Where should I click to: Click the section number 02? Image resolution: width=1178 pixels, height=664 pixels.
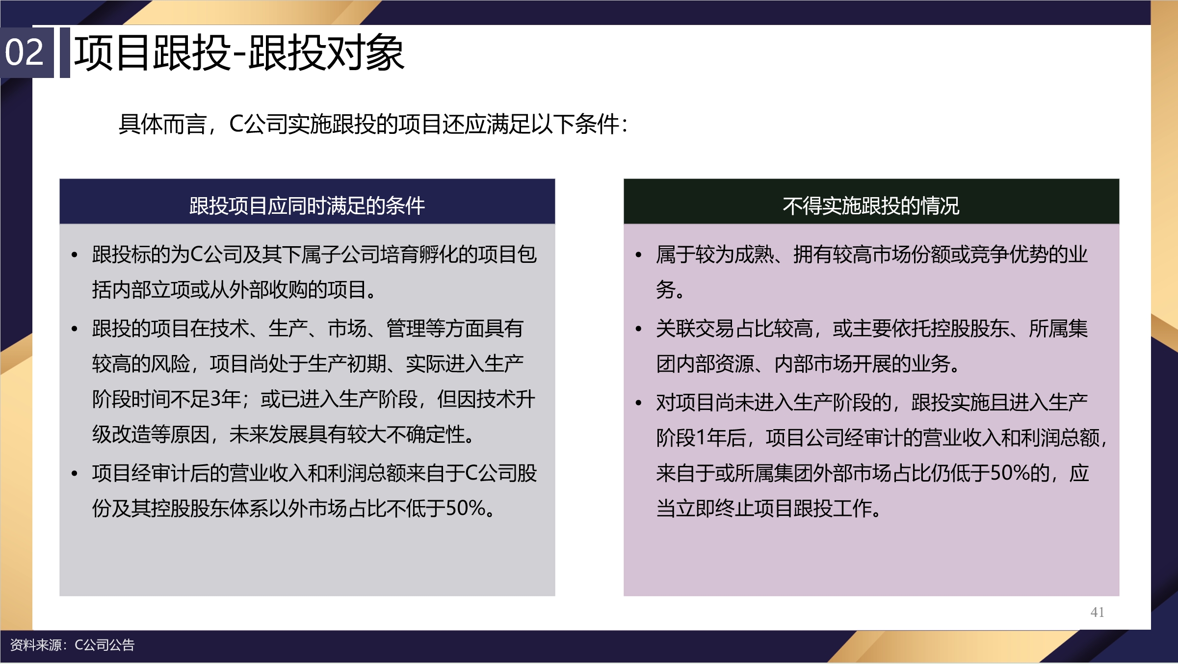[24, 52]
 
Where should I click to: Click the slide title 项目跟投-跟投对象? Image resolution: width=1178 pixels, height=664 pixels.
[239, 52]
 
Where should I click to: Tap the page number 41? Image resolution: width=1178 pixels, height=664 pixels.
[1097, 612]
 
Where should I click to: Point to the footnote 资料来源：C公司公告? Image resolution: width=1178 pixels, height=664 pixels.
[72, 645]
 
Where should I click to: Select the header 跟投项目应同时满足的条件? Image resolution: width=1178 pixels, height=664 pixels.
[307, 205]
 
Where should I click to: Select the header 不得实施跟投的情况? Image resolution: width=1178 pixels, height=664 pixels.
[871, 205]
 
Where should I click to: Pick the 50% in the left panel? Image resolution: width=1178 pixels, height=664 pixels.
[466, 508]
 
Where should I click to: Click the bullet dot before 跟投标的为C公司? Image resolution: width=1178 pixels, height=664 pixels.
[75, 255]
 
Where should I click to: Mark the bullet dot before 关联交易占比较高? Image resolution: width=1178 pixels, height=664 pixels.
[639, 329]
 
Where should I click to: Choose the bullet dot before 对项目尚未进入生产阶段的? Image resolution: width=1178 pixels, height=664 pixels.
[639, 403]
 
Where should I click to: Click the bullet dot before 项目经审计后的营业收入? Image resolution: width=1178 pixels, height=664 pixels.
[75, 473]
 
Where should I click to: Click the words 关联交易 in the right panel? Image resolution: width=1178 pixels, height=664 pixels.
[695, 328]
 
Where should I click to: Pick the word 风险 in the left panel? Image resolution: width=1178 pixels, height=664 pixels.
[170, 363]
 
